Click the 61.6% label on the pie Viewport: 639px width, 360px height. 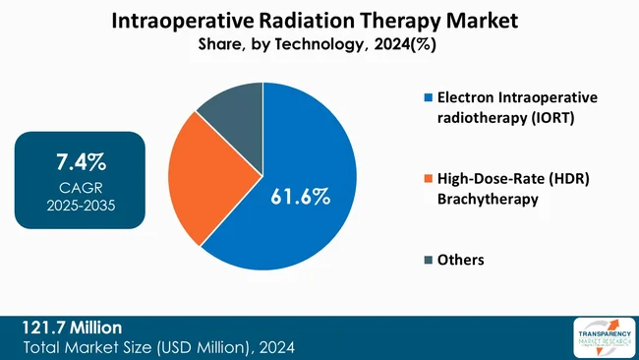coord(300,197)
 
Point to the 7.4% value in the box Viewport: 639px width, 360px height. coord(81,161)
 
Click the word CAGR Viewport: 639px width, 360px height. coord(81,187)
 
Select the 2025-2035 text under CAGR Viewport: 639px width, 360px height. coord(81,206)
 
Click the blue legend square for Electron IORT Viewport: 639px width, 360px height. coord(428,98)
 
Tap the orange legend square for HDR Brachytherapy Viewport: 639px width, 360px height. coord(428,179)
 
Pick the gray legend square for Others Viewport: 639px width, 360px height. coord(428,260)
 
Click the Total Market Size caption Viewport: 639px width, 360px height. coord(158,347)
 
